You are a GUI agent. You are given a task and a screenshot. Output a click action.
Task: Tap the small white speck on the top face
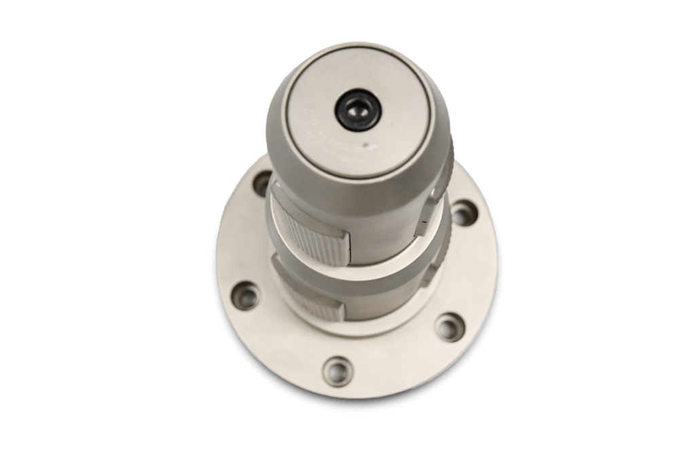click(x=371, y=145)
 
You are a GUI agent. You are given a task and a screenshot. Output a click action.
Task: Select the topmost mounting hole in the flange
click(x=262, y=183)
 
